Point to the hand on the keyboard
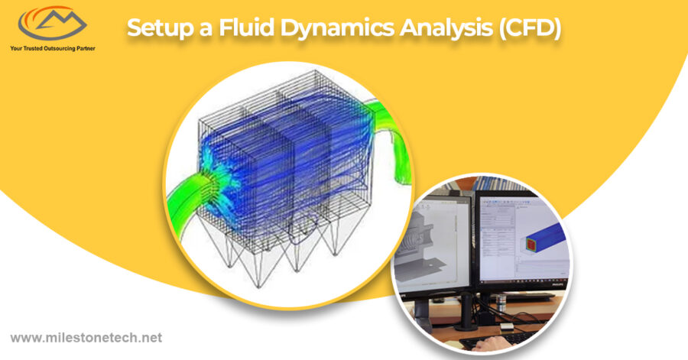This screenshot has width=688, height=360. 490,345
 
